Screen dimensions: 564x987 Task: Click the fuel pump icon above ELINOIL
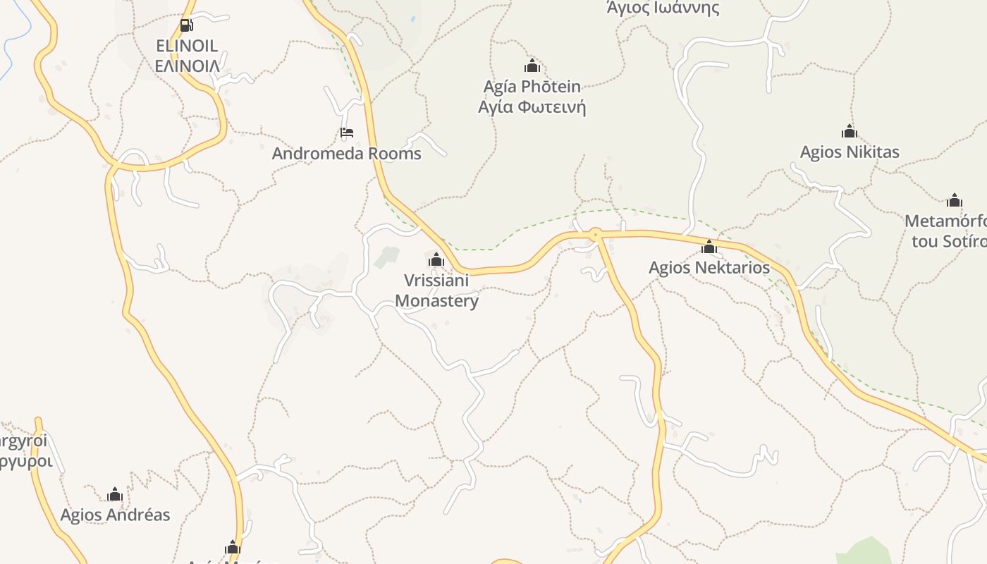pyautogui.click(x=186, y=26)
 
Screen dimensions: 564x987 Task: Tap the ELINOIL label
pyautogui.click(x=187, y=47)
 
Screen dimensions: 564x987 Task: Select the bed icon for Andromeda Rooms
pyautogui.click(x=346, y=133)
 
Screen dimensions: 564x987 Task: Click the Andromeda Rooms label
pyautogui.click(x=346, y=154)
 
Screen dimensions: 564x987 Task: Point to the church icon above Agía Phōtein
pyautogui.click(x=532, y=66)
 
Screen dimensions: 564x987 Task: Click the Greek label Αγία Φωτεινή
pyautogui.click(x=532, y=107)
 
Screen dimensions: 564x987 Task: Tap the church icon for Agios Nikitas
pyautogui.click(x=850, y=131)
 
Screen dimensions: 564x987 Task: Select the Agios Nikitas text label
pyautogui.click(x=850, y=152)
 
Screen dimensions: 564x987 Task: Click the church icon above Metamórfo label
pyautogui.click(x=955, y=200)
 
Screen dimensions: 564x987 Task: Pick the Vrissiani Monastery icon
pyautogui.click(x=436, y=259)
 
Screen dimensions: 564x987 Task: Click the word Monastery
pyautogui.click(x=436, y=301)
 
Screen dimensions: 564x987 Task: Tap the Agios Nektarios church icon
pyautogui.click(x=709, y=247)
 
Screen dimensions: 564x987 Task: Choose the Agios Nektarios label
pyautogui.click(x=709, y=268)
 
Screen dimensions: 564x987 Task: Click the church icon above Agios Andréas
pyautogui.click(x=115, y=494)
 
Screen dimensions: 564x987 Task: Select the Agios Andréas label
pyautogui.click(x=115, y=515)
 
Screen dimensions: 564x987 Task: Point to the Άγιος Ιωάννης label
pyautogui.click(x=663, y=8)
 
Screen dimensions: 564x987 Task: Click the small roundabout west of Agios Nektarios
pyautogui.click(x=596, y=233)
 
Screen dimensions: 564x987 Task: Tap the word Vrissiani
pyautogui.click(x=436, y=281)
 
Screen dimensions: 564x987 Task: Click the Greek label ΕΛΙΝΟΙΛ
pyautogui.click(x=187, y=66)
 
